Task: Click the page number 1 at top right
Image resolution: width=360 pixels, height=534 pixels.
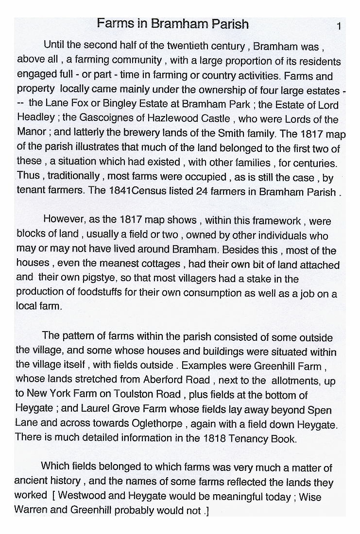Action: coord(339,26)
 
